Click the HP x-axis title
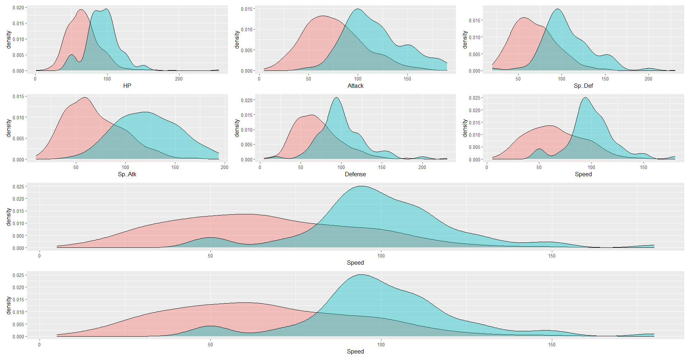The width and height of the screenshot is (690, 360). pos(127,86)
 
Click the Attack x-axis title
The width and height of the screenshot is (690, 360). pos(355,86)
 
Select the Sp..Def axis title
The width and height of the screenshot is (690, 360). pos(583,86)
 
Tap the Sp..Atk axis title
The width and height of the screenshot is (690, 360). pos(127,174)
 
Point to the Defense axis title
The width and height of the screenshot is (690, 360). pos(355,174)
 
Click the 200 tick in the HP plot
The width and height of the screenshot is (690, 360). pos(179,79)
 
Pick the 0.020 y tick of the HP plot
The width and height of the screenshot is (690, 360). pos(18,8)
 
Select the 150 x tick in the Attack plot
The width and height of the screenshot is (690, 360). pos(407,79)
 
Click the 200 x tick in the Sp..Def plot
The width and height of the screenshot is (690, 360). pos(648,79)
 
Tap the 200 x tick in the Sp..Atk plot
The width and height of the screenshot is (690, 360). pos(224,167)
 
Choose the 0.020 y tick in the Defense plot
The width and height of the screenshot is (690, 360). pos(246,100)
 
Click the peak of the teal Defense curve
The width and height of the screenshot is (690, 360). pos(337,97)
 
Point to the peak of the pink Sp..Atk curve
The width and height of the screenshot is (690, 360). pos(85,97)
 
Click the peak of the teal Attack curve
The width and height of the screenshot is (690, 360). pos(358,9)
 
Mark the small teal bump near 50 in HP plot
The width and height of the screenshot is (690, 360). pos(72,55)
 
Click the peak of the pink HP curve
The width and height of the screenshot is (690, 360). pos(81,10)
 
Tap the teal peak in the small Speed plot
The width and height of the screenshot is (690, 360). pos(585,97)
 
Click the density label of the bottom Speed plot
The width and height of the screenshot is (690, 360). pos(9,306)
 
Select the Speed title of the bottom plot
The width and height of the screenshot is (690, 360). pos(355,351)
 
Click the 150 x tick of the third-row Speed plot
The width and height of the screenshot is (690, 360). pos(552,256)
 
